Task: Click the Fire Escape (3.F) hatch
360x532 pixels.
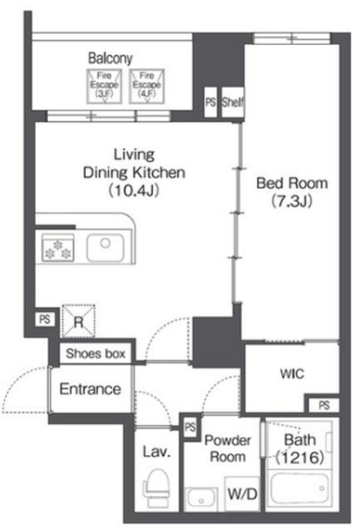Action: pyautogui.click(x=104, y=86)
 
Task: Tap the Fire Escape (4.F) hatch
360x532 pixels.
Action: pyautogui.click(x=146, y=86)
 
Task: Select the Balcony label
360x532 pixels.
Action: pyautogui.click(x=111, y=58)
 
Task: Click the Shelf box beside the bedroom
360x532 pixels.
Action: pyautogui.click(x=233, y=102)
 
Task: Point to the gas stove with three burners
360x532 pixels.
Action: pyautogui.click(x=57, y=248)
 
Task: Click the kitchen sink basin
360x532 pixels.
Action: pyautogui.click(x=106, y=248)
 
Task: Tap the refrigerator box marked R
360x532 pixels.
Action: pyautogui.click(x=78, y=321)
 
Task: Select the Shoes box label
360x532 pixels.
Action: pyautogui.click(x=96, y=353)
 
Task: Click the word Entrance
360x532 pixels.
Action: pyautogui.click(x=91, y=389)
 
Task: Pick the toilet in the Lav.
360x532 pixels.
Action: pyautogui.click(x=156, y=488)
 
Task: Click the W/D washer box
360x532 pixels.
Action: pyautogui.click(x=242, y=494)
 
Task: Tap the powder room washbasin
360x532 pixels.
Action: pyautogui.click(x=201, y=500)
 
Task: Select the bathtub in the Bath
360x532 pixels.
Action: pyautogui.click(x=299, y=490)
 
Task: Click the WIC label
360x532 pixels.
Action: pyautogui.click(x=292, y=374)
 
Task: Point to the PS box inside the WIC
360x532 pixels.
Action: pyautogui.click(x=323, y=405)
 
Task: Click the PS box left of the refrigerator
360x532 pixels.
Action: pyautogui.click(x=45, y=319)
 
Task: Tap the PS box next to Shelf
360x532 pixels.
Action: pyautogui.click(x=210, y=102)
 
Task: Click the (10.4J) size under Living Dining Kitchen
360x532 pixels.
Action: pyautogui.click(x=134, y=190)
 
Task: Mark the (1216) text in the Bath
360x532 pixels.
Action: pyautogui.click(x=299, y=458)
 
